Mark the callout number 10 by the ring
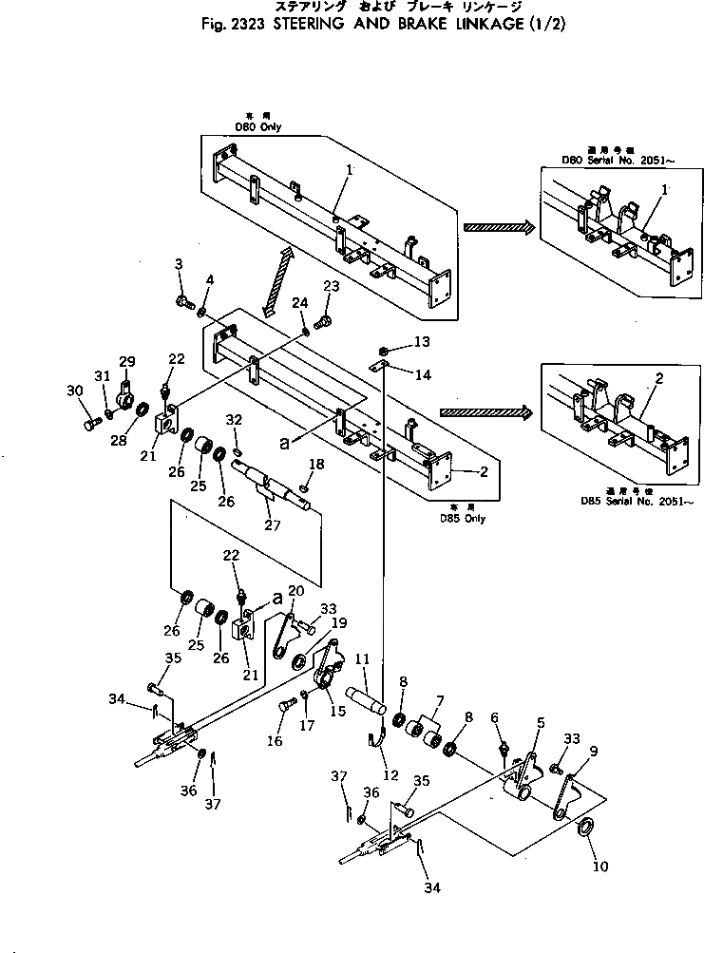(602, 866)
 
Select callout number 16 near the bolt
(275, 740)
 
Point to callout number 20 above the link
(295, 591)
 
